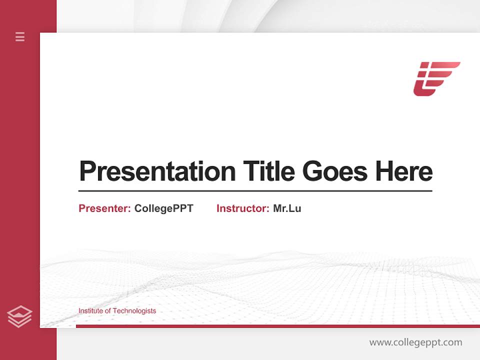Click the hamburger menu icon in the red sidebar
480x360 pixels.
pyautogui.click(x=20, y=36)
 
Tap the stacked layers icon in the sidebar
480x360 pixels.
pyautogui.click(x=19, y=316)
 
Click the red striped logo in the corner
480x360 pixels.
pyautogui.click(x=436, y=78)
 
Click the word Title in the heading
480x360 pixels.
pyautogui.click(x=269, y=171)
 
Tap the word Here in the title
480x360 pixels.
pyautogui.click(x=403, y=171)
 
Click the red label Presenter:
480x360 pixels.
pyautogui.click(x=104, y=208)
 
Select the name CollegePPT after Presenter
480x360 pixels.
pyautogui.click(x=163, y=208)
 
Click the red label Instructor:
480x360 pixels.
pyautogui.click(x=242, y=208)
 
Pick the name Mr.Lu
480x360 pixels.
pyautogui.click(x=287, y=208)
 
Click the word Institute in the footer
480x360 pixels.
pyautogui.click(x=91, y=311)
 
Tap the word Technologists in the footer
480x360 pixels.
pyautogui.click(x=134, y=311)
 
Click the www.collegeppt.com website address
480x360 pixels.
pyautogui.click(x=415, y=342)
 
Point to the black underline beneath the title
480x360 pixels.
pyautogui.click(x=255, y=191)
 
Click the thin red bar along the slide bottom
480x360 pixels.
pyautogui.click(x=277, y=326)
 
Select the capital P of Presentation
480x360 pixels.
pyautogui.click(x=87, y=171)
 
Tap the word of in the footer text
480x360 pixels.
pyautogui.click(x=108, y=311)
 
